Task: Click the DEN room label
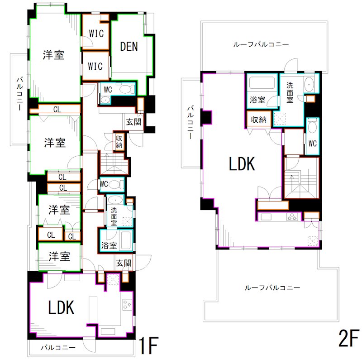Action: (x=129, y=47)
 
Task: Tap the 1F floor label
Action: (x=148, y=346)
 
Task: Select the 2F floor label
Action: (x=348, y=338)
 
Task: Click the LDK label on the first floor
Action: (x=61, y=307)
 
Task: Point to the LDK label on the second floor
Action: (x=242, y=163)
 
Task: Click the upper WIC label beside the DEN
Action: (x=96, y=34)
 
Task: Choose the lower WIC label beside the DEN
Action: (x=95, y=66)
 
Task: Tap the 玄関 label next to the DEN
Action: (x=133, y=122)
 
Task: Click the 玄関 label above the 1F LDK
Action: (x=124, y=263)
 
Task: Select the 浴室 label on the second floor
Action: (x=257, y=100)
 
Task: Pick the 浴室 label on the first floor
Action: (x=109, y=245)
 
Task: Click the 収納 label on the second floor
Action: (x=258, y=120)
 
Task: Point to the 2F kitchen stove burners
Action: (x=292, y=217)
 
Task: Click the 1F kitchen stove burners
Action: (x=127, y=305)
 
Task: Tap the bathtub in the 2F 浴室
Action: (x=262, y=82)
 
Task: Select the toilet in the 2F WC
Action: (x=313, y=125)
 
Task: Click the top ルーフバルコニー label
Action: (x=261, y=44)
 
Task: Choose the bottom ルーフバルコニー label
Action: (x=272, y=288)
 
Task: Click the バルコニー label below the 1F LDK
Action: (x=58, y=347)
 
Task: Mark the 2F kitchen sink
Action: (x=266, y=217)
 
